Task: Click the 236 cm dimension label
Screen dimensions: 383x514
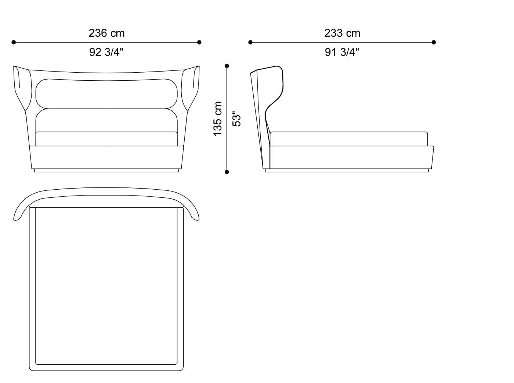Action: click(x=106, y=33)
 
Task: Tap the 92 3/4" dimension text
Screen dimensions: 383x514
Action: click(x=106, y=52)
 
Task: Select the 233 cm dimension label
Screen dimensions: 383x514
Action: click(x=342, y=33)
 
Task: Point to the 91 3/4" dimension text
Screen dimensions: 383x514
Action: click(x=342, y=52)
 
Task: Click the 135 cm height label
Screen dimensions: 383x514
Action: click(x=218, y=118)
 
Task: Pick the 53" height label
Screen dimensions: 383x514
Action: click(x=237, y=118)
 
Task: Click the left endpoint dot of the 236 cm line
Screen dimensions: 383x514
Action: click(x=14, y=43)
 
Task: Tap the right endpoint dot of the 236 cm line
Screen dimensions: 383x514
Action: click(x=199, y=43)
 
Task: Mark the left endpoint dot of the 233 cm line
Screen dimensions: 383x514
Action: click(x=250, y=43)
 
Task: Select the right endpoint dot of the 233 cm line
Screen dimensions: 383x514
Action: click(x=434, y=43)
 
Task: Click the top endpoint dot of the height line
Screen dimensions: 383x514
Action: click(x=227, y=66)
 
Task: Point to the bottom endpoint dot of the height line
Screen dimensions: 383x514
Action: click(x=227, y=172)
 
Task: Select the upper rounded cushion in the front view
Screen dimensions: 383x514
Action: click(x=106, y=94)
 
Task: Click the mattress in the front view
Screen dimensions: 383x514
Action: click(x=106, y=139)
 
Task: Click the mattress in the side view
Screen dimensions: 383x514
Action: click(x=349, y=139)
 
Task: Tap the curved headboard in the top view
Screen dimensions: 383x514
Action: click(x=106, y=198)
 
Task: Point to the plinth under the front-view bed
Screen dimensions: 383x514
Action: click(x=106, y=171)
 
